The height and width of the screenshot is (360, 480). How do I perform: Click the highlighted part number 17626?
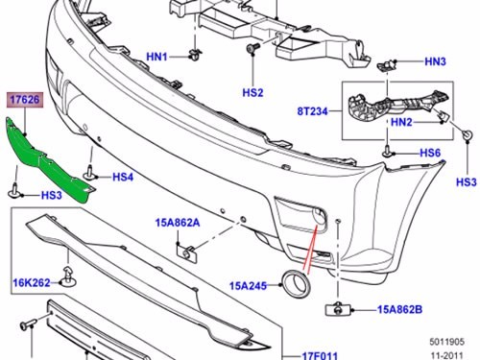tap(25, 100)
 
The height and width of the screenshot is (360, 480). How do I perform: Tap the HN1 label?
tap(156, 57)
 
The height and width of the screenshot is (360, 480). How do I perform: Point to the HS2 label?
tap(252, 93)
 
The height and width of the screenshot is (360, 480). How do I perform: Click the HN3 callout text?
tap(435, 61)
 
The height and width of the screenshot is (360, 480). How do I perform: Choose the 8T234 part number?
tap(313, 111)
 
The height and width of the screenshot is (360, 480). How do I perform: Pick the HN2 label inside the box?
tap(401, 122)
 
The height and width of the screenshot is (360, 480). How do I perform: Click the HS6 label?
tap(430, 153)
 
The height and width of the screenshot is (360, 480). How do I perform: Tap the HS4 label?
tap(123, 177)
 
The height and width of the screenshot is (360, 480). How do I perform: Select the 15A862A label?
tap(178, 223)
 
